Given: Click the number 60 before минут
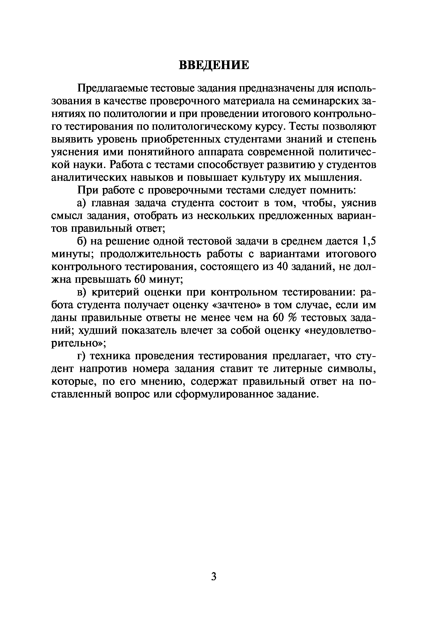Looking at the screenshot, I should tap(140, 280).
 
